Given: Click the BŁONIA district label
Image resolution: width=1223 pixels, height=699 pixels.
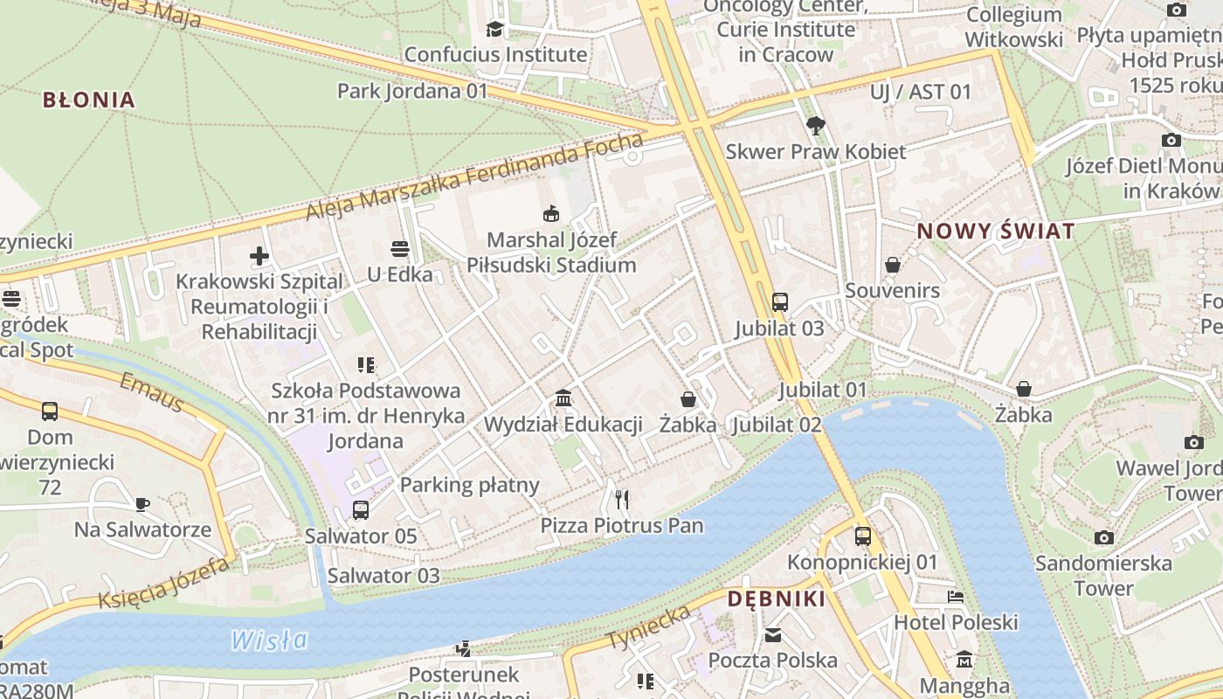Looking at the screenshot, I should (89, 100).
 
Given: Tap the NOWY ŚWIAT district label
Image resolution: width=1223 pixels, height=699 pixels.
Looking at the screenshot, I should (995, 232).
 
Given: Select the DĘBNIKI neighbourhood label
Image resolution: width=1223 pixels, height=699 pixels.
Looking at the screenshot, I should (777, 599).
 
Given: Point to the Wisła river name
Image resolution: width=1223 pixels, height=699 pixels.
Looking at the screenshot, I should (269, 640).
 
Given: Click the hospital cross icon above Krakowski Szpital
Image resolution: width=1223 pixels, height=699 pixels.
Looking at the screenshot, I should (259, 256).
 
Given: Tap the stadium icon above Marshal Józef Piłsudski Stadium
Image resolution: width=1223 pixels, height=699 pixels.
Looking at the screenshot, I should (551, 213).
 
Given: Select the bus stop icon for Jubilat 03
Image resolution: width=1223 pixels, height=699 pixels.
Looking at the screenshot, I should (780, 302).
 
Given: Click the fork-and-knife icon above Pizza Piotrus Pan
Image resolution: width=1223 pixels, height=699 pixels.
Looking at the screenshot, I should (622, 499).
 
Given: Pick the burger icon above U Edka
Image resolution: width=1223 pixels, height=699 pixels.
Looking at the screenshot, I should (400, 249).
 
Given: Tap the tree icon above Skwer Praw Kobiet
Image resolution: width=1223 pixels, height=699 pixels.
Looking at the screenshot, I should (816, 125).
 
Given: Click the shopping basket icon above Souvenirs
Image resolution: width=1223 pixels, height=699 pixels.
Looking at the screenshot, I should (893, 264).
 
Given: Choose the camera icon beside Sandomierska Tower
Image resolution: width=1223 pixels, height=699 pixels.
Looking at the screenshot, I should (1104, 537).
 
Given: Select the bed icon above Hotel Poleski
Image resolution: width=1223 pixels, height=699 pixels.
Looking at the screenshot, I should (956, 597).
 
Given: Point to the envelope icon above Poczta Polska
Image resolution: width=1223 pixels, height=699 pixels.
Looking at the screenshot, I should (773, 634).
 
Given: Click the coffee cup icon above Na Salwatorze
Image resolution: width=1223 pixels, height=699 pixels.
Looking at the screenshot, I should (142, 504).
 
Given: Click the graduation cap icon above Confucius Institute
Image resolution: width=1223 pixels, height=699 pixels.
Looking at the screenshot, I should (495, 29).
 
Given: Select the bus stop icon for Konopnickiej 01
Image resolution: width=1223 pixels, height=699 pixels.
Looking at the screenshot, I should (863, 536).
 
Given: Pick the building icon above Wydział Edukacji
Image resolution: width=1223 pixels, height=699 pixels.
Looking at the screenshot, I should (563, 398).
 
